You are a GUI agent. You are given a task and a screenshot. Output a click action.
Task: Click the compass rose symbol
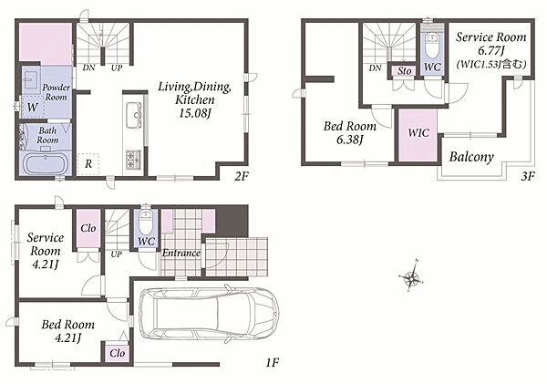click(412, 277)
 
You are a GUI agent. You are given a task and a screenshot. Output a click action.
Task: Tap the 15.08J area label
click(195, 113)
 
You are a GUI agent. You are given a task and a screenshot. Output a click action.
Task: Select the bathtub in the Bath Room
click(46, 163)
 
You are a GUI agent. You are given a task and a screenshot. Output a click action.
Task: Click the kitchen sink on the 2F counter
click(134, 116)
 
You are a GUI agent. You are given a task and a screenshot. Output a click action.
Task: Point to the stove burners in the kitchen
click(134, 160)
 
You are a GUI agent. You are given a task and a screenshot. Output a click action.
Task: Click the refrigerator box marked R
click(88, 163)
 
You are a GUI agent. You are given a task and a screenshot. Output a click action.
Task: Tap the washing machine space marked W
click(33, 107)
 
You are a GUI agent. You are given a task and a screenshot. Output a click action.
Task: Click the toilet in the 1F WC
click(146, 223)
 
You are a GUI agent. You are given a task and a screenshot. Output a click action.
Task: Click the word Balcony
click(471, 157)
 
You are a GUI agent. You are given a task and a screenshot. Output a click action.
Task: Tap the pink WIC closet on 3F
click(418, 135)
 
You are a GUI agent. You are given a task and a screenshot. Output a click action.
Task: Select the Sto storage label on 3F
click(405, 71)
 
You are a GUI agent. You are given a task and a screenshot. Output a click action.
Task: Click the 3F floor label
click(528, 176)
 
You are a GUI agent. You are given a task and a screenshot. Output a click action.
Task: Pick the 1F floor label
click(272, 363)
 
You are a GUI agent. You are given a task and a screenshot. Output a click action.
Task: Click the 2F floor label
click(241, 176)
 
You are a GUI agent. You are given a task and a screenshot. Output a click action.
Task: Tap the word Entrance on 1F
click(181, 253)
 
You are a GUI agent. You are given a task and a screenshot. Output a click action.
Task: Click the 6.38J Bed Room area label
click(350, 140)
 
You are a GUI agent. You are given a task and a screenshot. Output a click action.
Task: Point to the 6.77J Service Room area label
click(491, 51)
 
